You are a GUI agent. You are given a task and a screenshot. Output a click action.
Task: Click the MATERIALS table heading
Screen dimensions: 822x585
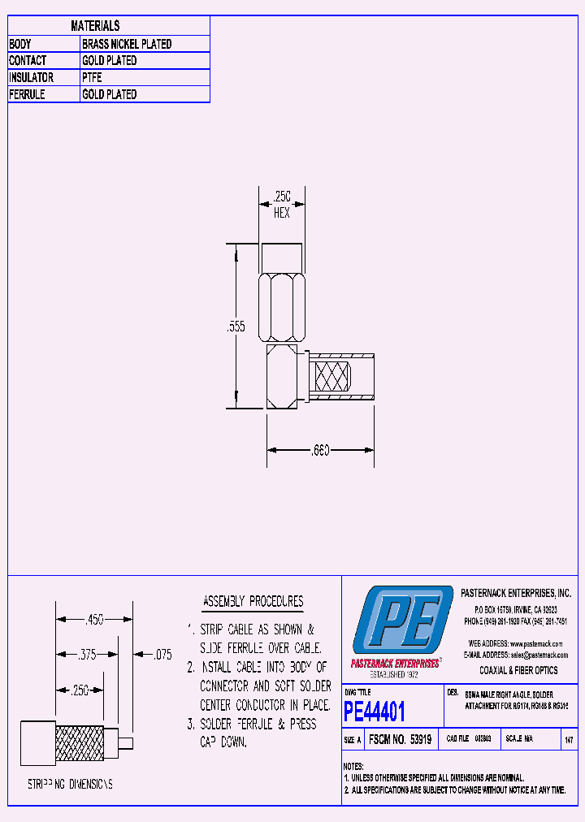pos(95,26)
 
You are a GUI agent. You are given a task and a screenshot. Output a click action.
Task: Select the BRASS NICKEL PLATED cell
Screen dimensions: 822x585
pos(127,44)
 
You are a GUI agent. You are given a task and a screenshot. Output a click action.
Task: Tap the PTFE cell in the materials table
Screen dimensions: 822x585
pos(92,78)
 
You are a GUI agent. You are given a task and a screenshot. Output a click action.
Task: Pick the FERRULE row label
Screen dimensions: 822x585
pos(27,95)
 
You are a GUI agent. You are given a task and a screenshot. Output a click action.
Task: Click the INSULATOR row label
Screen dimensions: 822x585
pos(31,78)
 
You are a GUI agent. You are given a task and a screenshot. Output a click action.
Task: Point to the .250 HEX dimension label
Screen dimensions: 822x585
pos(281,204)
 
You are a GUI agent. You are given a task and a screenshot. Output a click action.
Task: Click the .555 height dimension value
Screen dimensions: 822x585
pos(236,327)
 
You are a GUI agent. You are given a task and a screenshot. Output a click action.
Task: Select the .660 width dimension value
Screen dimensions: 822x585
pos(319,450)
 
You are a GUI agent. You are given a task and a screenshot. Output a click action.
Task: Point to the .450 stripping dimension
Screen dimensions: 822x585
pos(94,620)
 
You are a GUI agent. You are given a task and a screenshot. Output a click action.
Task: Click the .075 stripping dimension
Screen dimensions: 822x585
pos(163,655)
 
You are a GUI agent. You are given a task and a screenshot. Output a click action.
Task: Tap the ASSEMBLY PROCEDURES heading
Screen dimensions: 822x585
pos(253,602)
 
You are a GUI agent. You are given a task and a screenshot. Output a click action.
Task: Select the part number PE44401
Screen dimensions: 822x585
pos(374,712)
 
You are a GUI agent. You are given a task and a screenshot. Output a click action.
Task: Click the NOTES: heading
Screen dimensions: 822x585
pos(353,766)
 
